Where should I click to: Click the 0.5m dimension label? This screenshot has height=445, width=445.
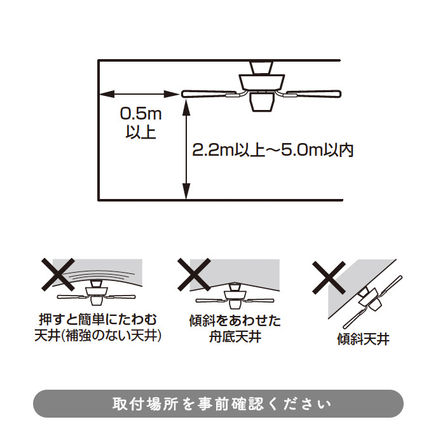click(140, 114)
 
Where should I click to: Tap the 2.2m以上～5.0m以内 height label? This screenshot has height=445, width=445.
click(273, 150)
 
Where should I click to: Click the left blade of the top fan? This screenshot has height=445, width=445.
click(209, 94)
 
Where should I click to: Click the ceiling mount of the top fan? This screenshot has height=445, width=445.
click(261, 67)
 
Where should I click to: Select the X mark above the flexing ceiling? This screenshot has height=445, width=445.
click(58, 275)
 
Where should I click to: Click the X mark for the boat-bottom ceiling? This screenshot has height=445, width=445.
click(194, 275)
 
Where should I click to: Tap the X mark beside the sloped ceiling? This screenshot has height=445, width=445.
click(329, 278)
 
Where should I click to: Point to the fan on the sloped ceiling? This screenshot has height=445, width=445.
click(373, 302)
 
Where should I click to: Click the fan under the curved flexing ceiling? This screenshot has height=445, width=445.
click(97, 293)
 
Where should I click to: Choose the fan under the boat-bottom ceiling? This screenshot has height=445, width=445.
click(235, 296)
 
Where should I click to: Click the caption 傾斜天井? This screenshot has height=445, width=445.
click(363, 339)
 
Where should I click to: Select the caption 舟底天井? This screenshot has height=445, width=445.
click(235, 337)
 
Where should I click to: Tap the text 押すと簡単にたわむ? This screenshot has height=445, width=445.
click(98, 320)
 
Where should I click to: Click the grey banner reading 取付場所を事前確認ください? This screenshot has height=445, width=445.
click(218, 404)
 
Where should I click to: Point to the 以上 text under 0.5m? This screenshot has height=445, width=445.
click(141, 132)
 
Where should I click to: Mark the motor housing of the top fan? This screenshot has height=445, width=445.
click(261, 82)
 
